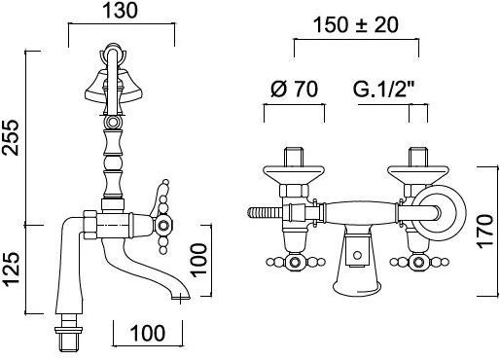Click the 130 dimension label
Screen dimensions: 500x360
pyautogui.click(x=120, y=11)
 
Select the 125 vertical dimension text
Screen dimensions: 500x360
pyautogui.click(x=11, y=270)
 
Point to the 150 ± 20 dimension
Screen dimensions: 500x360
pyautogui.click(x=356, y=25)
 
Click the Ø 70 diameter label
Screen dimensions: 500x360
pyautogui.click(x=294, y=89)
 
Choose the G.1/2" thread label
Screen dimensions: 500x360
pyautogui.click(x=384, y=89)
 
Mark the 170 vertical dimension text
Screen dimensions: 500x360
pyautogui.click(x=484, y=232)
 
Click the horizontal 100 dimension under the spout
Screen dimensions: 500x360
pyautogui.click(x=148, y=333)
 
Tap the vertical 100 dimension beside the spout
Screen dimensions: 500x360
pyautogui.click(x=198, y=261)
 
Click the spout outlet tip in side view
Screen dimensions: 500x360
pyautogui.click(x=181, y=297)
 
